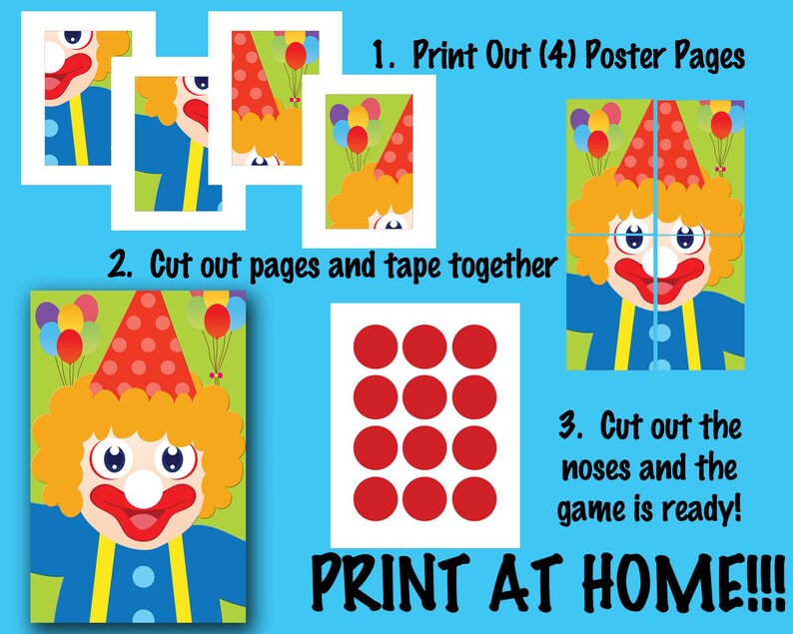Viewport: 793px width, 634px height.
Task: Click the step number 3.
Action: click(x=569, y=428)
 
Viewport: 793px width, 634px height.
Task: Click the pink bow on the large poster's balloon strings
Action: click(x=217, y=375)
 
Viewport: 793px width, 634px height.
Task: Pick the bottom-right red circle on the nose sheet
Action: click(x=473, y=494)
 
